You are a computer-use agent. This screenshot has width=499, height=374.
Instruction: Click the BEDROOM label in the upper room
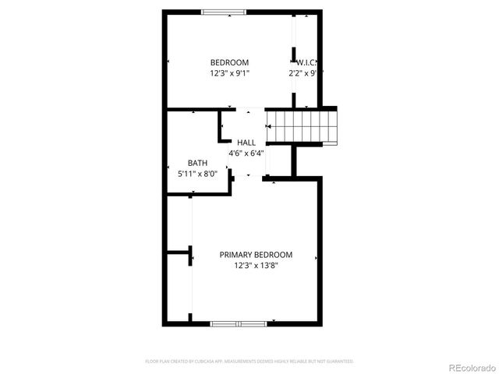(x=229, y=62)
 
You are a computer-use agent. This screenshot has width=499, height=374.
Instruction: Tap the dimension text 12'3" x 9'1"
(x=229, y=73)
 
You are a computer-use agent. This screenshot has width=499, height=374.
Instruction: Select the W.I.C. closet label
(x=306, y=62)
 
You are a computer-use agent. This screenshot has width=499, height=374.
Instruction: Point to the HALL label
(x=246, y=143)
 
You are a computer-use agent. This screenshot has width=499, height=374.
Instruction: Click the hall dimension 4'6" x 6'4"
(x=246, y=153)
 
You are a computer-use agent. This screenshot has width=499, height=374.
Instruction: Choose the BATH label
(x=197, y=163)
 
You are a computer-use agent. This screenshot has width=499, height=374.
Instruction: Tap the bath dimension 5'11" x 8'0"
(x=197, y=173)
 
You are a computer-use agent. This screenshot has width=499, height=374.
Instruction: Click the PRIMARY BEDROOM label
(x=256, y=255)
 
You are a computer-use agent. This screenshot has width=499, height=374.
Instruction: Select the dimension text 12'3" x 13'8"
(x=256, y=266)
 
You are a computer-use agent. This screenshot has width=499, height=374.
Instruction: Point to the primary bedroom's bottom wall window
(x=239, y=323)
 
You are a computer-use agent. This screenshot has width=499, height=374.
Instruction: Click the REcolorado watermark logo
(x=471, y=367)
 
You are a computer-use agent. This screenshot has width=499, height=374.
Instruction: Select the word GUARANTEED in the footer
(x=340, y=362)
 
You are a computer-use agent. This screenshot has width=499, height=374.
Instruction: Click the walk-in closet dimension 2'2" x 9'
(x=304, y=73)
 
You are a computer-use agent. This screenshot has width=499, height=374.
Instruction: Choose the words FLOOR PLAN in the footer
(x=157, y=362)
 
